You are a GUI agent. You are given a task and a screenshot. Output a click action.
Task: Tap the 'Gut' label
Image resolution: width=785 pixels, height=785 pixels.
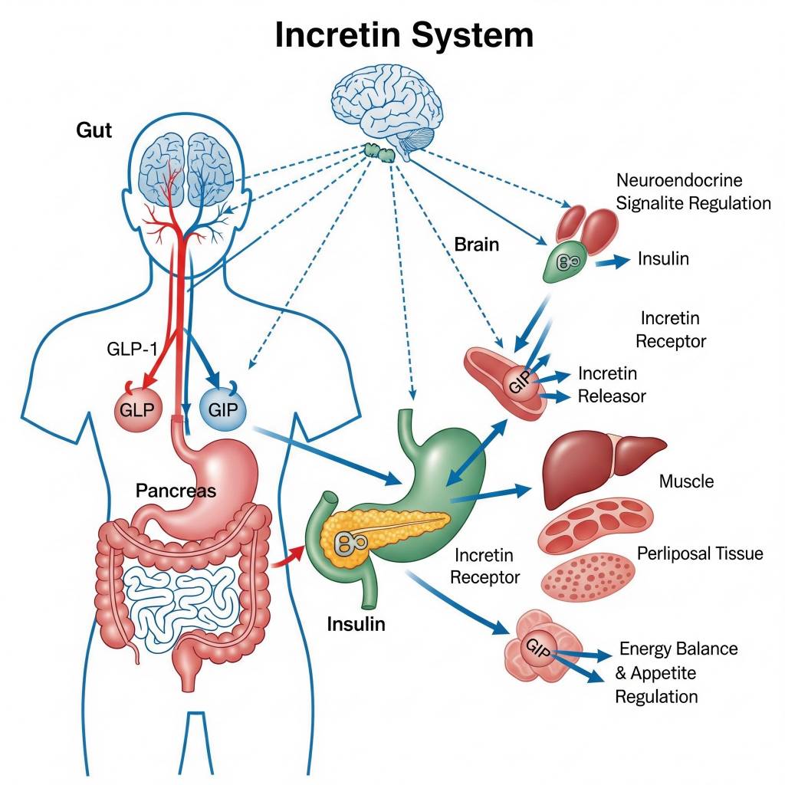coord(94,130)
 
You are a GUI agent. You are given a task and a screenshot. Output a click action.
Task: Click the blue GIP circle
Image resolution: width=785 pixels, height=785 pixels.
coord(223,407)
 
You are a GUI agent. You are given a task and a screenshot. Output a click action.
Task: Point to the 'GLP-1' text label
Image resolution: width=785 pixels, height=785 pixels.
coord(133,349)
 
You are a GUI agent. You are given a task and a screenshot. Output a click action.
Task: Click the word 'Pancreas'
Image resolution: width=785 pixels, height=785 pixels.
coord(176,491)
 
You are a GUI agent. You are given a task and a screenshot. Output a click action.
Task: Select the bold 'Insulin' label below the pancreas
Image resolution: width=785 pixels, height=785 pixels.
coord(356,624)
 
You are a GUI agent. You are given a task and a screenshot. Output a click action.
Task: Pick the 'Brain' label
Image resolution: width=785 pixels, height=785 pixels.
coord(476,245)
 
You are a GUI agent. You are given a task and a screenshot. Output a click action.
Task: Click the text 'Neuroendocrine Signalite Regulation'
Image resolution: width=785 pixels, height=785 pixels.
coord(693,192)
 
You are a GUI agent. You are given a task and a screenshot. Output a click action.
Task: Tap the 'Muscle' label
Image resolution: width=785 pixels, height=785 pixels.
coord(686,481)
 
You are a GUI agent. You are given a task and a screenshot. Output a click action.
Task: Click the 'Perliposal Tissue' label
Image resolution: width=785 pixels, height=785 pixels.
coord(700,553)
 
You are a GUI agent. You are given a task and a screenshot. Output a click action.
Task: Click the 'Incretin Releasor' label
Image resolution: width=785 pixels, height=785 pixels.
coord(611,385)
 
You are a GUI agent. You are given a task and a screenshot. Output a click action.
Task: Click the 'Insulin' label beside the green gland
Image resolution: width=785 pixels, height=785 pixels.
coord(663,259)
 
